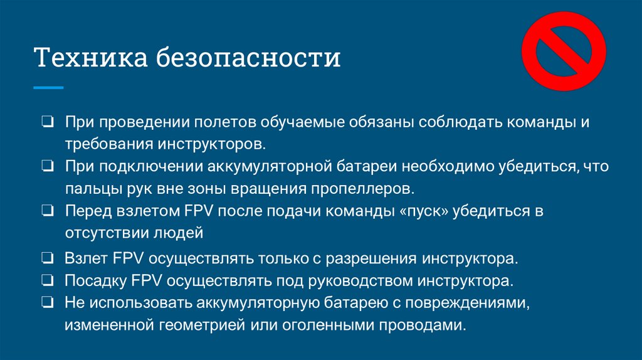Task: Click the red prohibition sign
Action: pyautogui.click(x=563, y=51)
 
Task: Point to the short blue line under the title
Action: pyautogui.click(x=48, y=88)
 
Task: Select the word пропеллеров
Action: pyautogui.click(x=365, y=188)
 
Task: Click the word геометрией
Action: pyautogui.click(x=207, y=326)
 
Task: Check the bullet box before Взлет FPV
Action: pyautogui.click(x=48, y=258)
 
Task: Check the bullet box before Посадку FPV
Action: pyautogui.click(x=48, y=280)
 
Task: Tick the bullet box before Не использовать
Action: pyautogui.click(x=48, y=303)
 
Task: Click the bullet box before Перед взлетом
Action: pyautogui.click(x=48, y=211)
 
